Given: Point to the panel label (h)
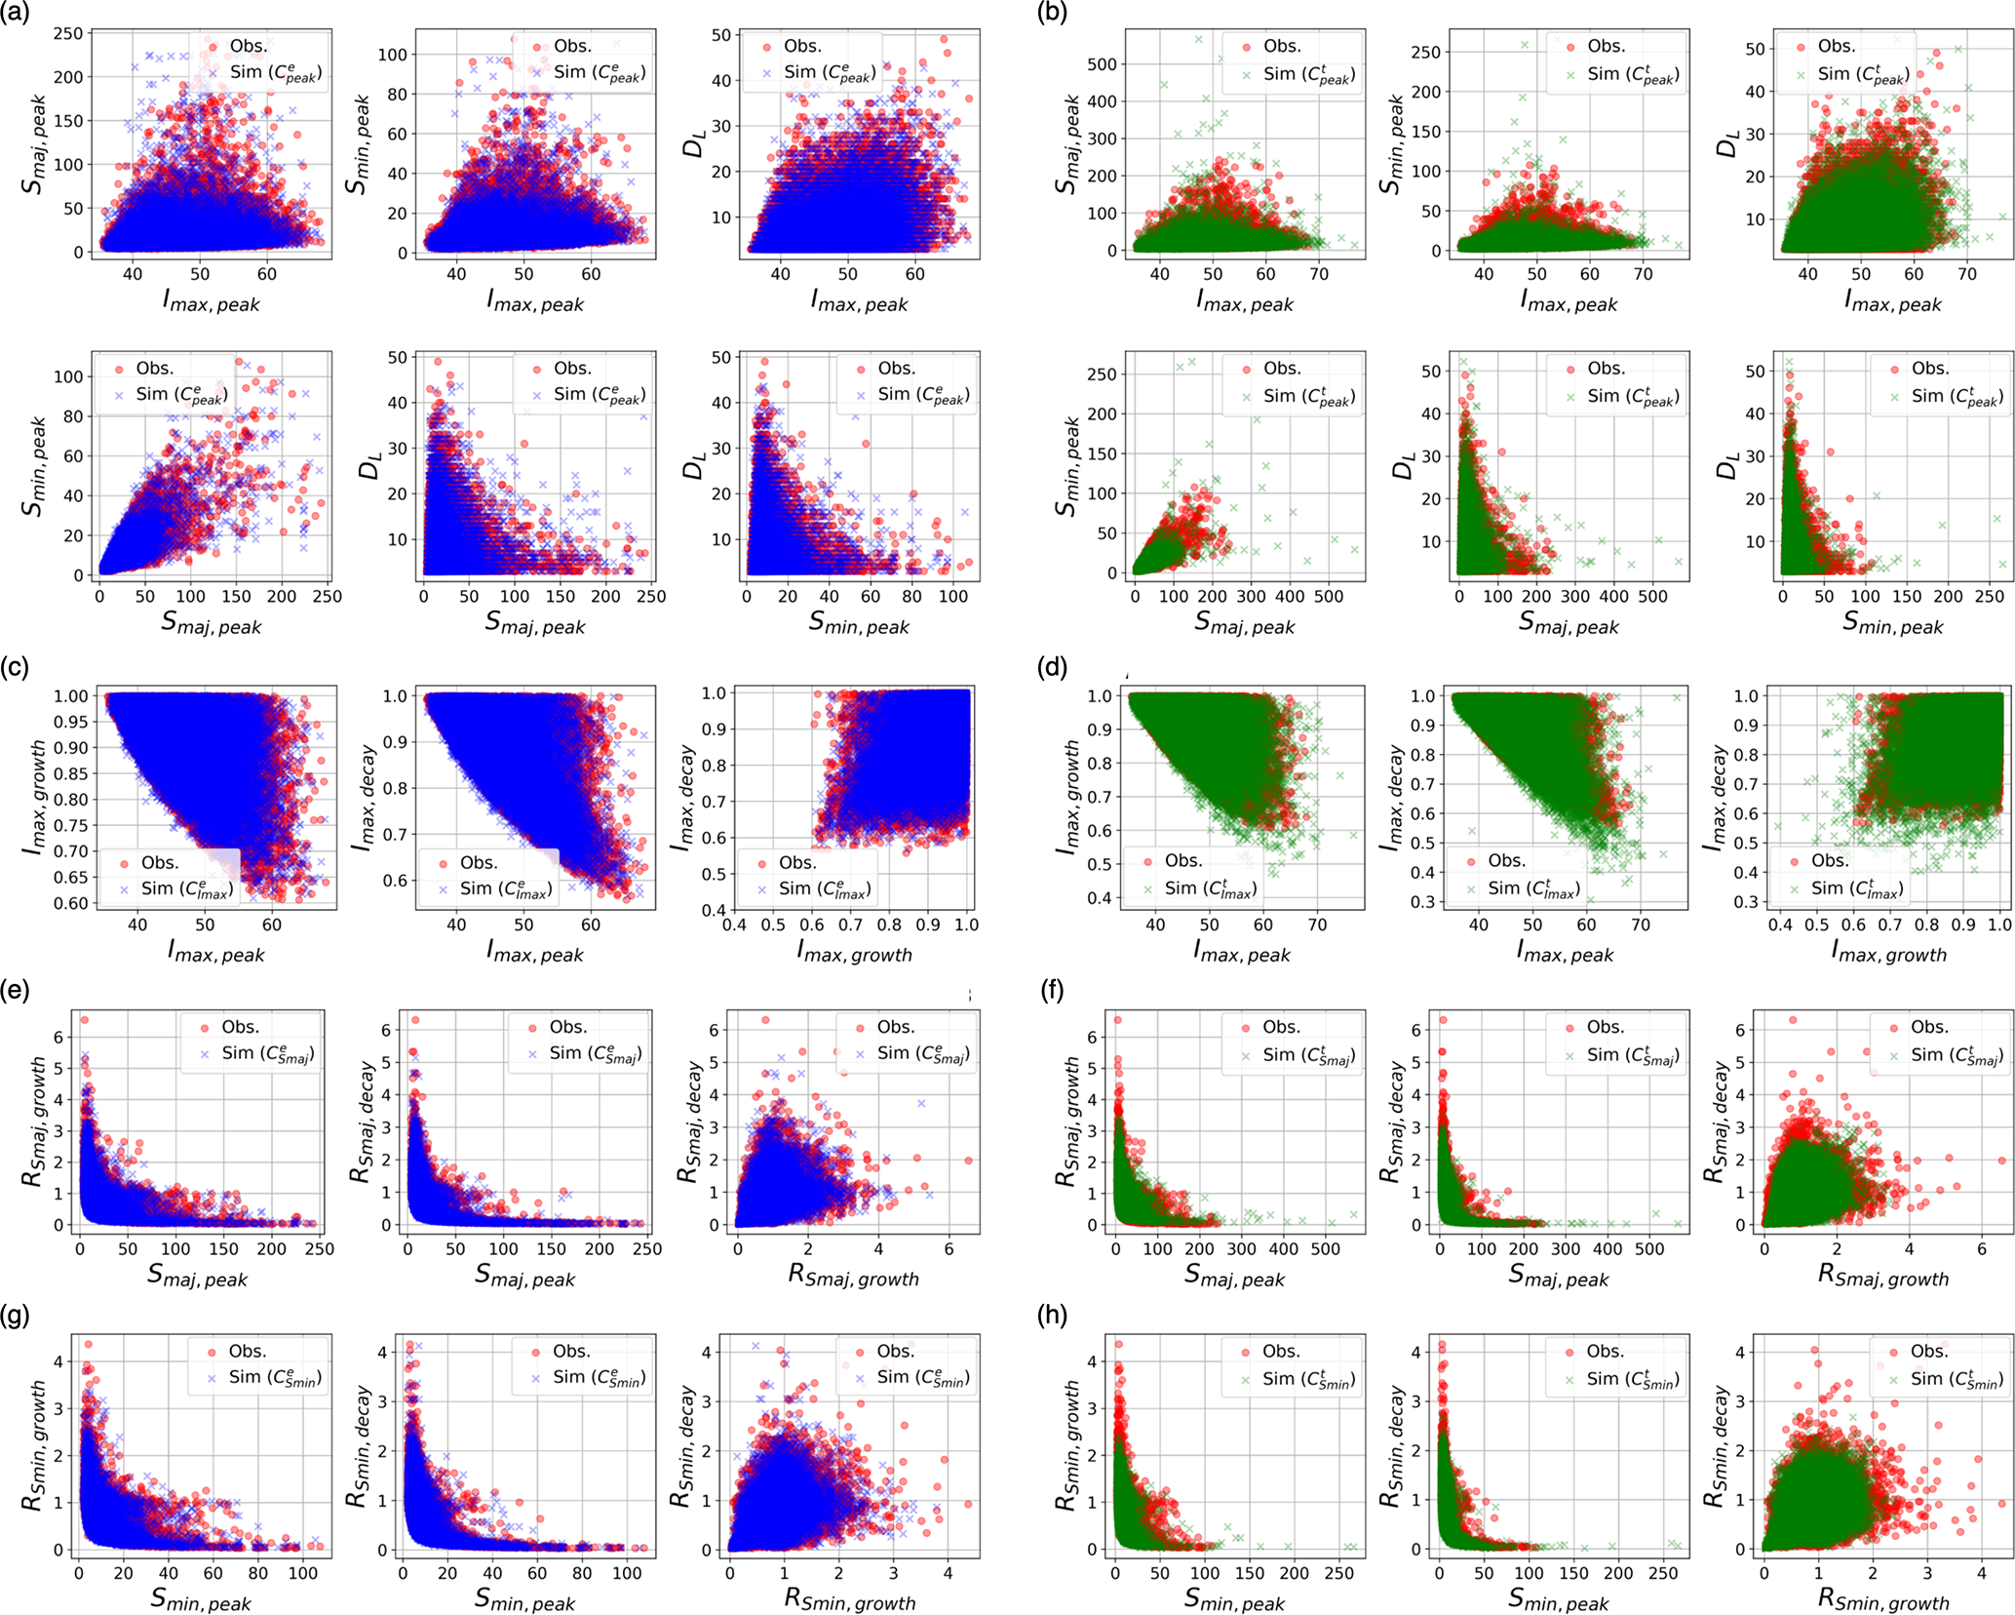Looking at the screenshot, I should click(1053, 1316).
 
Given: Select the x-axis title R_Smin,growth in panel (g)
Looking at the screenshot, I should click(850, 1599).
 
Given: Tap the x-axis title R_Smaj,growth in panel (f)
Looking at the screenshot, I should click(1883, 1276).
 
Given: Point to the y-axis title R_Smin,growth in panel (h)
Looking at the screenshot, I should click(1066, 1443).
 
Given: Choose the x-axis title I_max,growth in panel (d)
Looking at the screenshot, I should click(1888, 952).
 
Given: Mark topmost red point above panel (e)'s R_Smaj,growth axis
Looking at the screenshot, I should click(765, 1020).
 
